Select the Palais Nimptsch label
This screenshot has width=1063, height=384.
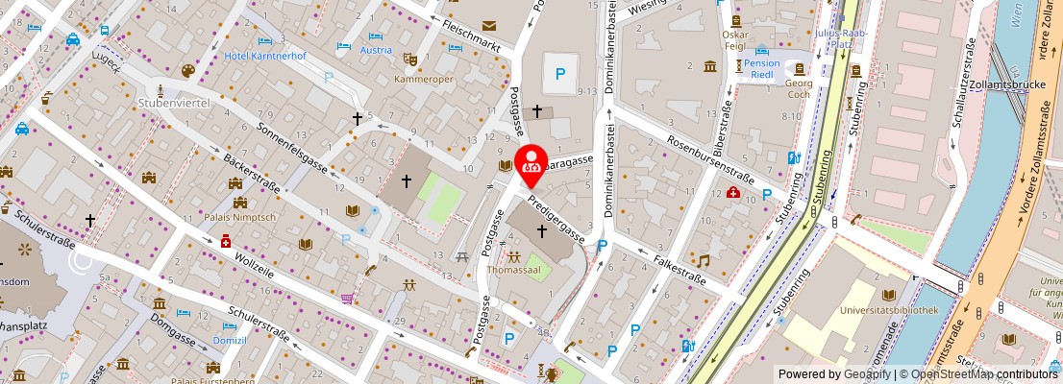[x=239, y=218]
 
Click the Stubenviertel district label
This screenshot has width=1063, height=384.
[x=174, y=101]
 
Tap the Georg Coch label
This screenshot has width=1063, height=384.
[x=799, y=89]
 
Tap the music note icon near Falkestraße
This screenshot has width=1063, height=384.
[x=704, y=261]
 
